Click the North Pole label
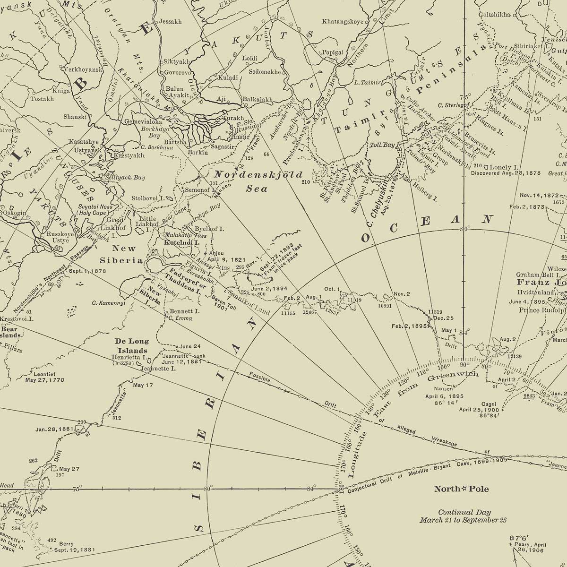click(462, 489)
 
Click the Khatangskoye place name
click(343, 21)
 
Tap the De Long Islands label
click(132, 346)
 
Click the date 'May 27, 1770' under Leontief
click(45, 379)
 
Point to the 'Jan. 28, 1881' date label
click(53, 430)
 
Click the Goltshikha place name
click(494, 15)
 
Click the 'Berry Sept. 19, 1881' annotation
click(68, 547)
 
